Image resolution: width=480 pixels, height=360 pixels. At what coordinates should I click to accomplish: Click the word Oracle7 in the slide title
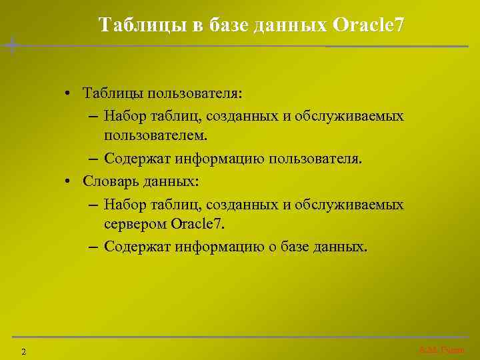[x=368, y=25]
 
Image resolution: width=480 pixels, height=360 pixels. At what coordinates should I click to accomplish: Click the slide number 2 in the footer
[x=23, y=351]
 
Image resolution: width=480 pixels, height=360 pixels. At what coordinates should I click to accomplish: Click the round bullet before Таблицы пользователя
[x=69, y=91]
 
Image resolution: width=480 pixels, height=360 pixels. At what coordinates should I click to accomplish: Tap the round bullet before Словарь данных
[x=69, y=181]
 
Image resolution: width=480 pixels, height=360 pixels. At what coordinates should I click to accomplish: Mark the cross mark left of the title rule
[x=11, y=45]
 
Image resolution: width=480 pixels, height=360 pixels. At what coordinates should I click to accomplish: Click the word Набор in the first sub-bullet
[x=124, y=116]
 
